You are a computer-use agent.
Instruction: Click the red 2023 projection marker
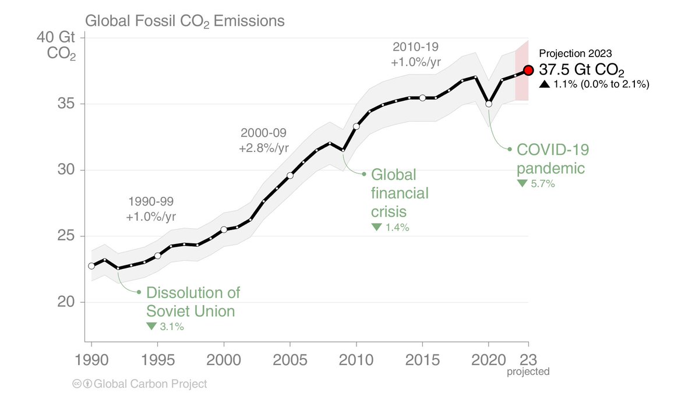click(x=528, y=70)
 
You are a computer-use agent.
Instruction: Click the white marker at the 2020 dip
click(x=489, y=104)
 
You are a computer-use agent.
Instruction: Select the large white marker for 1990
click(x=91, y=265)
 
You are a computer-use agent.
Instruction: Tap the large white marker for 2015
click(x=423, y=98)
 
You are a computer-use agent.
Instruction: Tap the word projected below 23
click(x=528, y=371)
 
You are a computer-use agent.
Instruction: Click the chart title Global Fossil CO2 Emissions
click(x=185, y=22)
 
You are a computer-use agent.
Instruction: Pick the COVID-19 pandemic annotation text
click(x=553, y=159)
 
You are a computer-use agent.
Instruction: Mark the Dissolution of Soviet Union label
click(x=193, y=302)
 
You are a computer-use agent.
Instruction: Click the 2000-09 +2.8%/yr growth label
click(x=263, y=140)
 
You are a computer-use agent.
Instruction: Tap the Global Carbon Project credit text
click(x=150, y=384)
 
